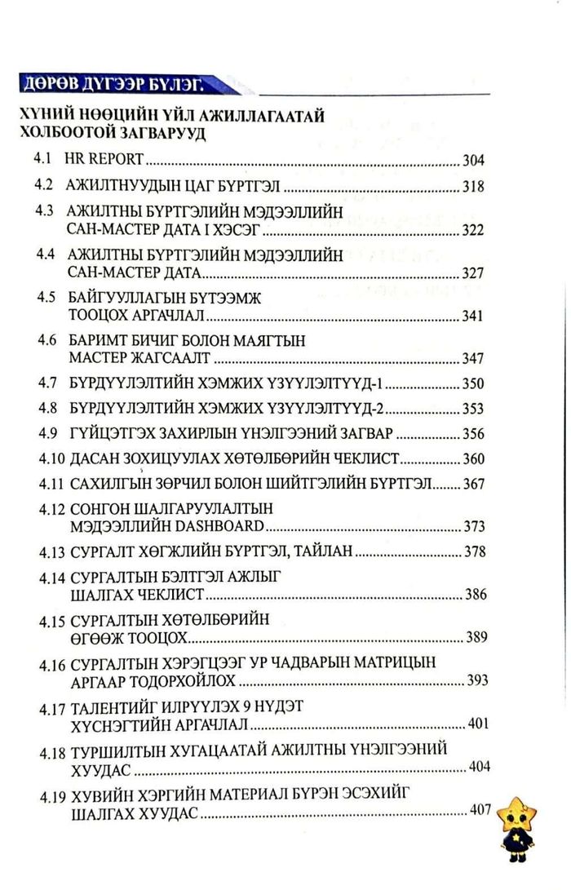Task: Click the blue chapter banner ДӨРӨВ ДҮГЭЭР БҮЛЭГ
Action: [x=114, y=84]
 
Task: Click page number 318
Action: [x=474, y=186]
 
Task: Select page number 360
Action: [x=474, y=458]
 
